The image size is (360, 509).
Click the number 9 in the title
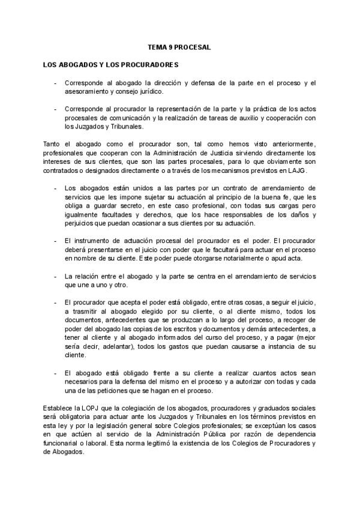(x=172, y=46)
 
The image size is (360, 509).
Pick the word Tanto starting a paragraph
(x=54, y=143)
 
